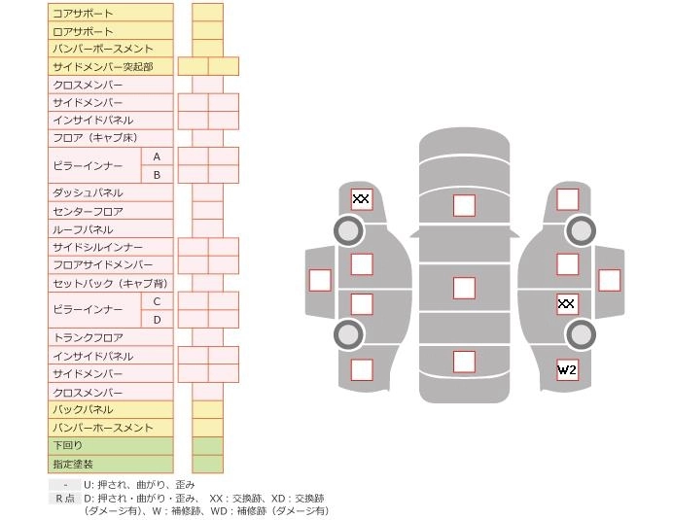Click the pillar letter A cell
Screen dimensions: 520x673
pyautogui.click(x=157, y=156)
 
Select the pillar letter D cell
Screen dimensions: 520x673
pyautogui.click(x=157, y=320)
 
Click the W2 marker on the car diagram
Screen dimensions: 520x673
pyautogui.click(x=567, y=370)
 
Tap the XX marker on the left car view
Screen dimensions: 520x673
pyautogui.click(x=361, y=199)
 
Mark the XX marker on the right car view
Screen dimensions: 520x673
pyautogui.click(x=567, y=304)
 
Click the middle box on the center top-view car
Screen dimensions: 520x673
pyautogui.click(x=464, y=288)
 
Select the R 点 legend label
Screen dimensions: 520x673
pyautogui.click(x=64, y=499)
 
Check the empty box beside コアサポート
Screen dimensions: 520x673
pyautogui.click(x=207, y=13)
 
